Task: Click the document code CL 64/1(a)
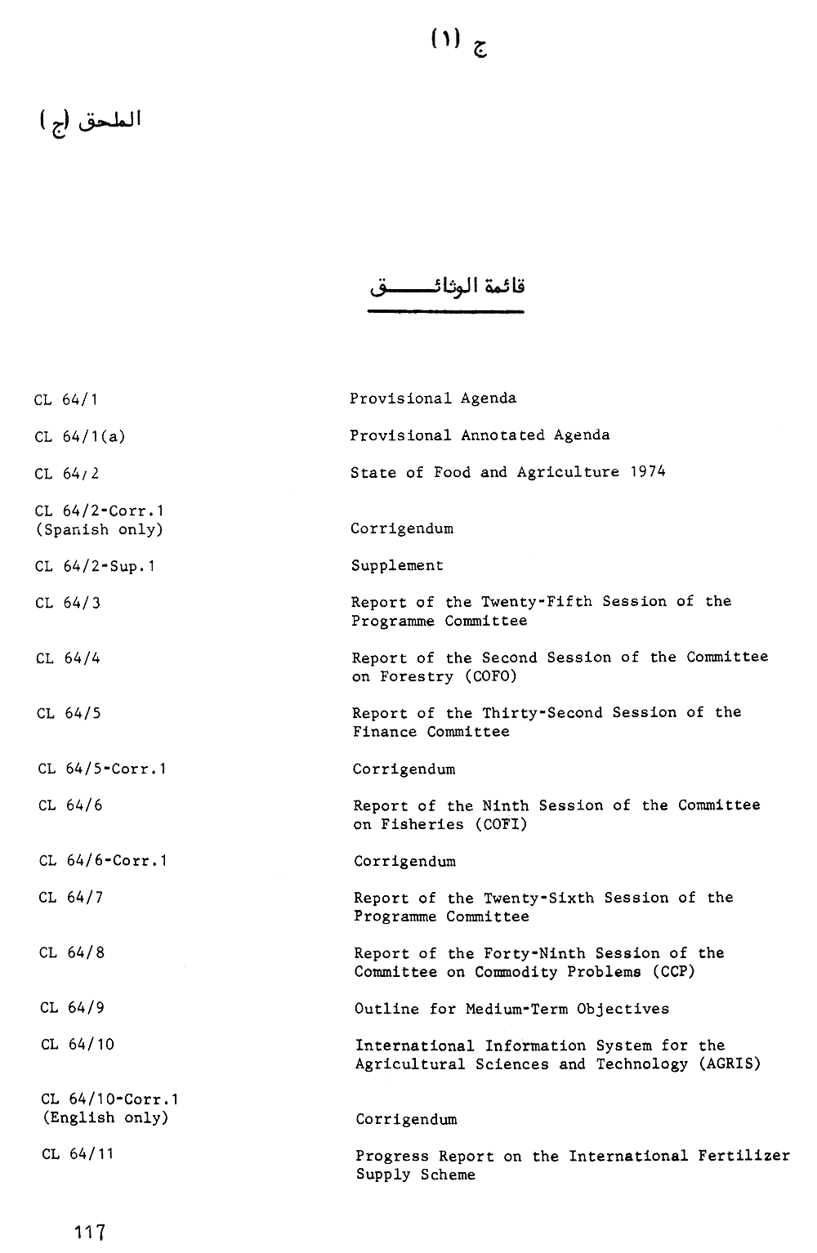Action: [80, 437]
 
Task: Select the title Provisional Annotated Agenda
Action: [480, 435]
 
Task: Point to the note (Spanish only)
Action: [99, 529]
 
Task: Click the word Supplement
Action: [397, 565]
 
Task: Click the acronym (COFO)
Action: [489, 676]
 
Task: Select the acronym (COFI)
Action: [498, 824]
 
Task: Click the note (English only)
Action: [105, 1118]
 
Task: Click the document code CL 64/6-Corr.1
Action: [103, 861]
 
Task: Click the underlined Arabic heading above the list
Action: [446, 288]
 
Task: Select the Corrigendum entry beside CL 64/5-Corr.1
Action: [404, 769]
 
